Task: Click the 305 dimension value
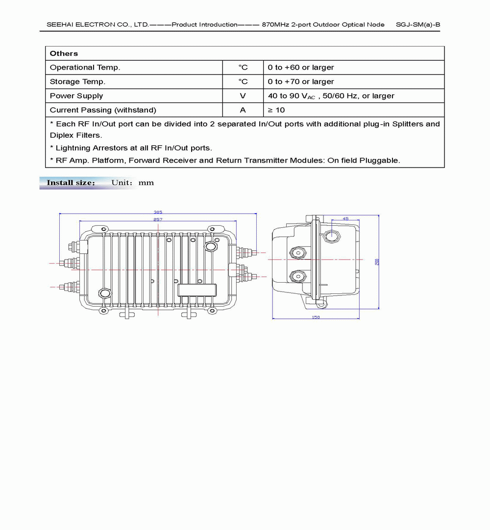click(x=158, y=212)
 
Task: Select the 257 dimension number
click(x=158, y=220)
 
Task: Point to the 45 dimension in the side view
click(x=345, y=218)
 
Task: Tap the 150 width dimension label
click(x=316, y=318)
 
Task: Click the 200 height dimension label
click(x=377, y=262)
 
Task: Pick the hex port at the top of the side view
click(x=332, y=236)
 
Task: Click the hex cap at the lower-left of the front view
click(x=104, y=293)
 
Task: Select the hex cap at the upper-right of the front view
click(x=211, y=245)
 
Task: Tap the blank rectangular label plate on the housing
click(x=197, y=290)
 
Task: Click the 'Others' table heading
click(x=64, y=53)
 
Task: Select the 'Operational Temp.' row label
click(x=85, y=68)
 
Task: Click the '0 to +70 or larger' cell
click(x=301, y=82)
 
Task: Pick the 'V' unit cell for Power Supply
click(x=243, y=96)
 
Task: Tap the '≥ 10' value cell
click(x=276, y=110)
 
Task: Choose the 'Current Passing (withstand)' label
click(x=103, y=110)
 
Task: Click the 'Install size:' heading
click(x=71, y=183)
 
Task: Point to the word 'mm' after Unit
click(x=146, y=183)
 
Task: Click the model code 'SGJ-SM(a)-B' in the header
click(x=417, y=24)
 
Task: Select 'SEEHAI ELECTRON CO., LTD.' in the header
click(x=97, y=24)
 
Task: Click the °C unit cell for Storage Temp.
click(x=243, y=82)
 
